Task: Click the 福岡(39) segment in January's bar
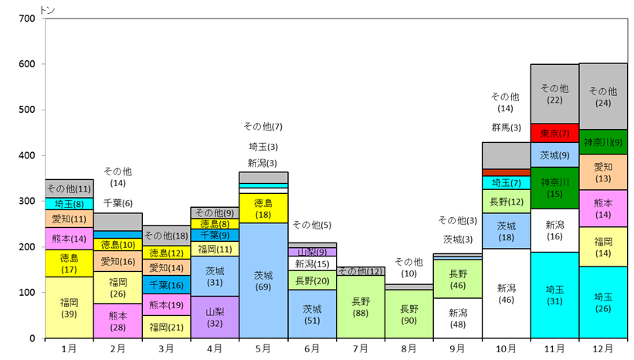pyautogui.click(x=70, y=307)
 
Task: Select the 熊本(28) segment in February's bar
pyautogui.click(x=117, y=321)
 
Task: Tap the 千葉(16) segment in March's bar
pyautogui.click(x=166, y=285)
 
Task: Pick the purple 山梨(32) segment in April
pyautogui.click(x=215, y=317)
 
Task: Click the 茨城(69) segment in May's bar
pyautogui.click(x=263, y=280)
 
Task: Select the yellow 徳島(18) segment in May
pyautogui.click(x=263, y=208)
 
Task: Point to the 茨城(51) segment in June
pyautogui.click(x=312, y=314)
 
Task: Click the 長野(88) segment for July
pyautogui.click(x=361, y=307)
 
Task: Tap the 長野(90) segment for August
pyautogui.click(x=409, y=314)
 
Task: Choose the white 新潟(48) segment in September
pyautogui.click(x=458, y=318)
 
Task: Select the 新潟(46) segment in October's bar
pyautogui.click(x=507, y=294)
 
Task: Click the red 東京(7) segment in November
pyautogui.click(x=554, y=133)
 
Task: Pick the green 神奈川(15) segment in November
pyautogui.click(x=554, y=188)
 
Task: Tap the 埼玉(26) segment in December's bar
pyautogui.click(x=603, y=302)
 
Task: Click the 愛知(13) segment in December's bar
pyautogui.click(x=603, y=172)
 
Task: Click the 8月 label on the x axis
pyautogui.click(x=409, y=348)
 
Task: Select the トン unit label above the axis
pyautogui.click(x=47, y=10)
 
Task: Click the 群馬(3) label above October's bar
pyautogui.click(x=507, y=127)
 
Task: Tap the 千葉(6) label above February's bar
pyautogui.click(x=117, y=203)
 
